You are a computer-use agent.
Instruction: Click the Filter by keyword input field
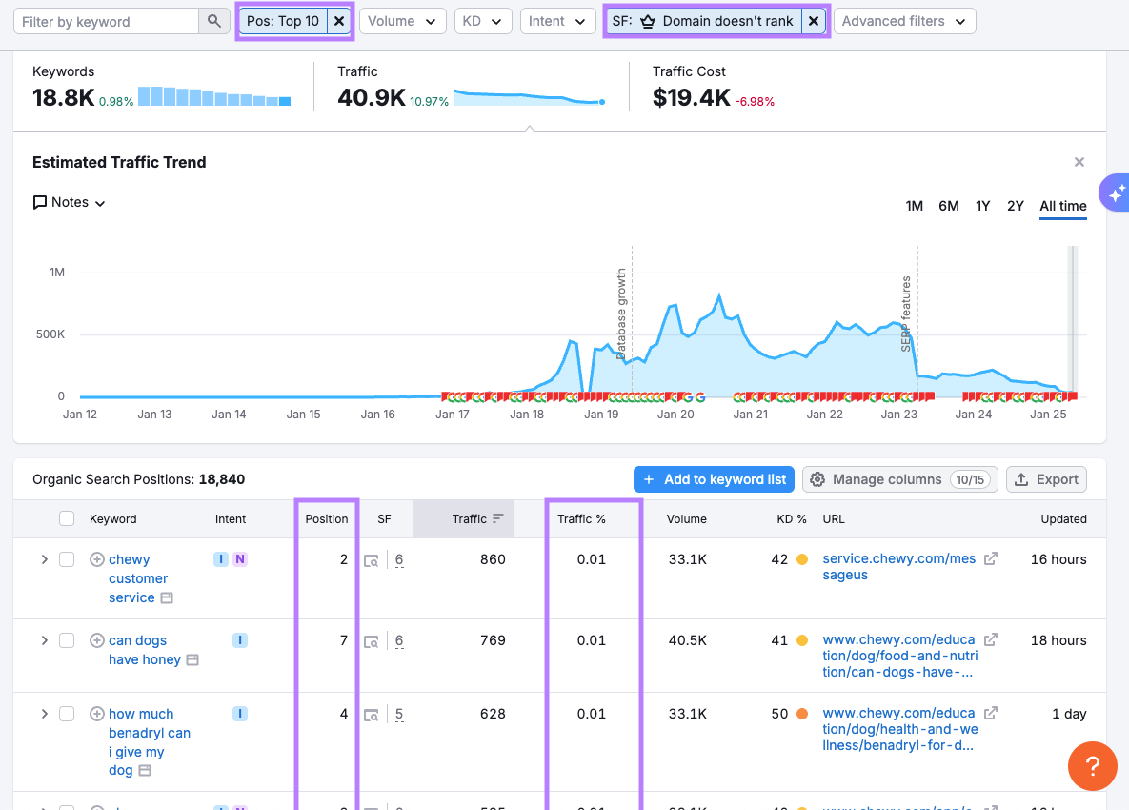107,21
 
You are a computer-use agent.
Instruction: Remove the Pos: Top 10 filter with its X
339,21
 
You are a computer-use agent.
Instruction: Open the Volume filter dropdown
402,21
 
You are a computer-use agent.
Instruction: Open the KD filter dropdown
482,21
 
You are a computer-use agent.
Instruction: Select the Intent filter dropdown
557,21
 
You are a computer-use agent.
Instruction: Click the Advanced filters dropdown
903,21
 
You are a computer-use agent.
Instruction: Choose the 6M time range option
948,206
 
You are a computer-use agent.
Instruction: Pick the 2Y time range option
1016,206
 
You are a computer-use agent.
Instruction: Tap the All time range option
1063,206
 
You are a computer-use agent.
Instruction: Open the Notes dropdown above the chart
70,202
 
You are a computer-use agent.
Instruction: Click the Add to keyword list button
715,479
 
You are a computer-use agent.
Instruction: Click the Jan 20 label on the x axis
675,415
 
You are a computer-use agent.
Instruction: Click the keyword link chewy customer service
138,578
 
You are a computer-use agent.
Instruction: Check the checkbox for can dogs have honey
67,640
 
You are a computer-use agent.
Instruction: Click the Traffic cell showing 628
493,714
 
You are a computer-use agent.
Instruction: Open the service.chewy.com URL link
898,567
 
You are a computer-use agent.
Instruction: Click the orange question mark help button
1093,765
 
